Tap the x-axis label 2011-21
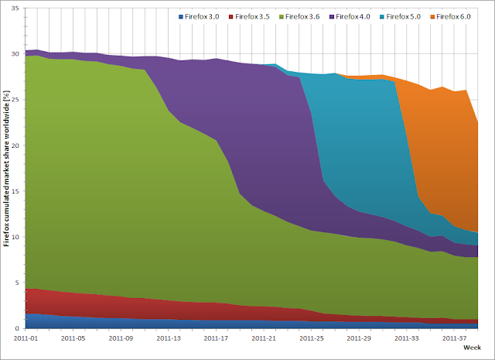click(x=265, y=338)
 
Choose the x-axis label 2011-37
click(x=456, y=338)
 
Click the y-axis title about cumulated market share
click(x=7, y=168)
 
